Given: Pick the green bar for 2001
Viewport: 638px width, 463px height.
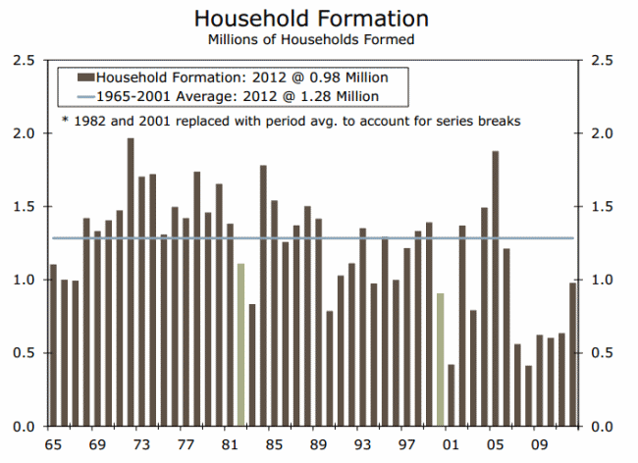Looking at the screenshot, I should (x=441, y=360).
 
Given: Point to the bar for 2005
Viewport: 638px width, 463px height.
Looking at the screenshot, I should (x=496, y=288).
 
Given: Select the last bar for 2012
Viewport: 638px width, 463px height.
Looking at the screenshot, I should (x=573, y=354).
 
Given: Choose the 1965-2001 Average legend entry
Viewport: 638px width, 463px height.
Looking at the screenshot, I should (x=236, y=96).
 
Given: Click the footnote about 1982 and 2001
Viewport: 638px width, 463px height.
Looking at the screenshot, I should (x=290, y=121).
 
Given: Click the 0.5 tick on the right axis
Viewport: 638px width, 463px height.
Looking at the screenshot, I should (x=601, y=353).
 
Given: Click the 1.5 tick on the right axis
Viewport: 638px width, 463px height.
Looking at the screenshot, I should (x=601, y=207).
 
